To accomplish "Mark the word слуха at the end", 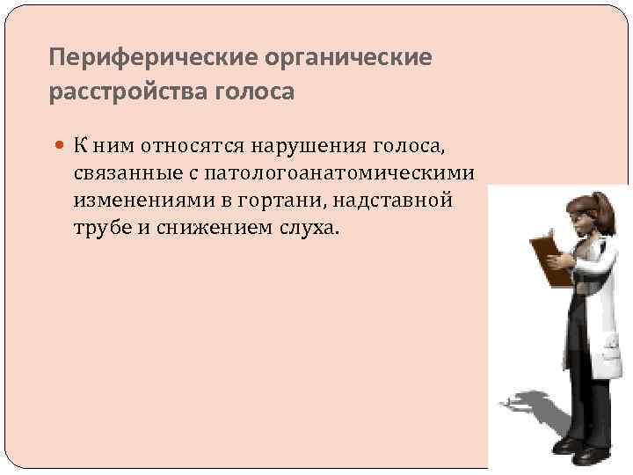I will [308, 228].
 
